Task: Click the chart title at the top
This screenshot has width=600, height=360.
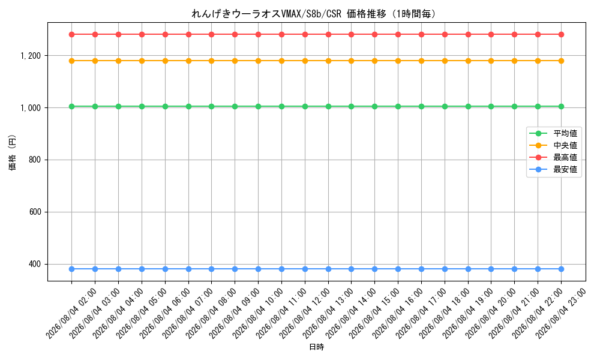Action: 314,14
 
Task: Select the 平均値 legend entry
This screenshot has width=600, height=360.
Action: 553,134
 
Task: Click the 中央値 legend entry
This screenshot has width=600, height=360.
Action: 553,145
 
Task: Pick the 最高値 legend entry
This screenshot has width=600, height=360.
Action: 553,157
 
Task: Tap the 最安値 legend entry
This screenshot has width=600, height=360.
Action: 553,169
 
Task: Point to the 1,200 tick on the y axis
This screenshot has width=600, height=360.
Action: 31,56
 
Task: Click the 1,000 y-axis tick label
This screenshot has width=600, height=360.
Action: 31,108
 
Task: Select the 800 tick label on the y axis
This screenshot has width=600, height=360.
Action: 35,160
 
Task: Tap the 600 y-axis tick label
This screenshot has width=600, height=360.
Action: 35,212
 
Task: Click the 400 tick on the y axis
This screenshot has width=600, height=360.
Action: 35,265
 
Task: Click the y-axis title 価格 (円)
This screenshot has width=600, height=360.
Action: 12,152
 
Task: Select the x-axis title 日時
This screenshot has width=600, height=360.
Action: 316,347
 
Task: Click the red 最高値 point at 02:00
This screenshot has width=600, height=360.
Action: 71,34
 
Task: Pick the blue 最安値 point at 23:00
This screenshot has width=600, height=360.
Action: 562,269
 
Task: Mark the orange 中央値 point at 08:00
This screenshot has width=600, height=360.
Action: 212,61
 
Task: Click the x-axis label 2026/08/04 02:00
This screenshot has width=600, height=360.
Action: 71,313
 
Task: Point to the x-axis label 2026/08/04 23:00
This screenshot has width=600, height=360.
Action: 560,313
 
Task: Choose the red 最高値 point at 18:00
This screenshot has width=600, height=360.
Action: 445,34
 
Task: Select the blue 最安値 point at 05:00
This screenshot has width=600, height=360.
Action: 142,269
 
